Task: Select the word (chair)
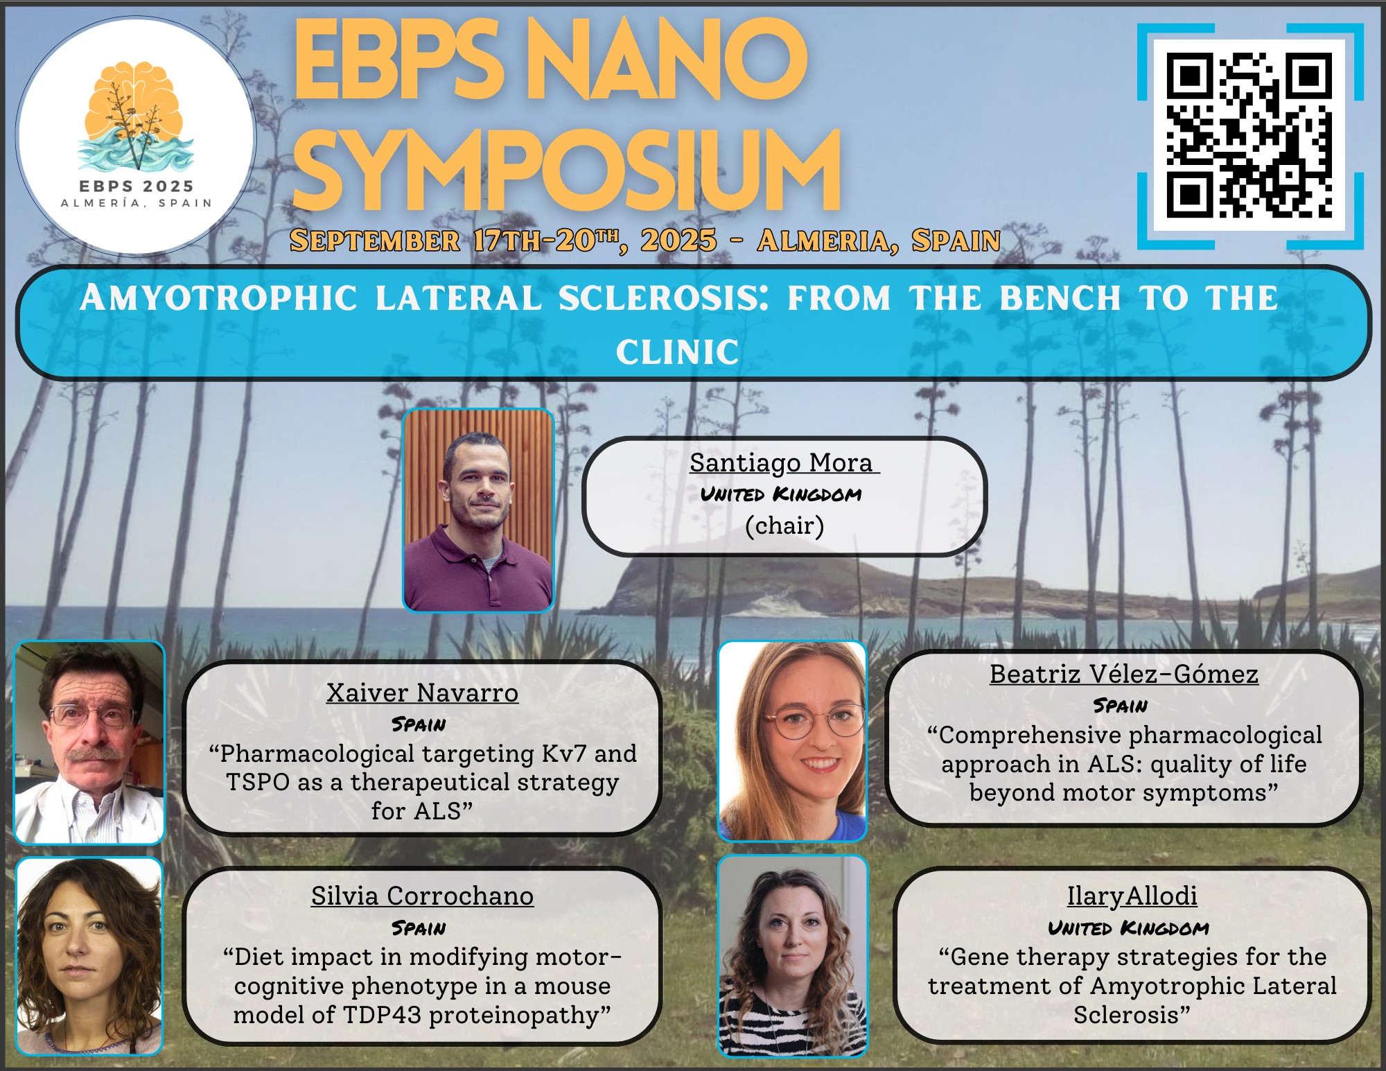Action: click(x=784, y=525)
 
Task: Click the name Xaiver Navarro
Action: click(x=423, y=693)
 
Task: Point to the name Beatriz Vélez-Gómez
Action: click(x=1124, y=674)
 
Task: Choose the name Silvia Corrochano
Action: click(x=423, y=896)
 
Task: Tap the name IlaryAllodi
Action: click(x=1132, y=896)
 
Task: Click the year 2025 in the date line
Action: click(x=678, y=241)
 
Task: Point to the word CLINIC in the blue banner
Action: click(x=678, y=351)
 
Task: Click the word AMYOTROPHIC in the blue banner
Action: click(x=219, y=298)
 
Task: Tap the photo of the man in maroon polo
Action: click(x=478, y=510)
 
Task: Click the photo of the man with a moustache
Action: click(x=89, y=742)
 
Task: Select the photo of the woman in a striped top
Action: click(x=793, y=956)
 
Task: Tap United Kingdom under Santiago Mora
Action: click(x=781, y=494)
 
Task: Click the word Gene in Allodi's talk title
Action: click(x=980, y=957)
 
